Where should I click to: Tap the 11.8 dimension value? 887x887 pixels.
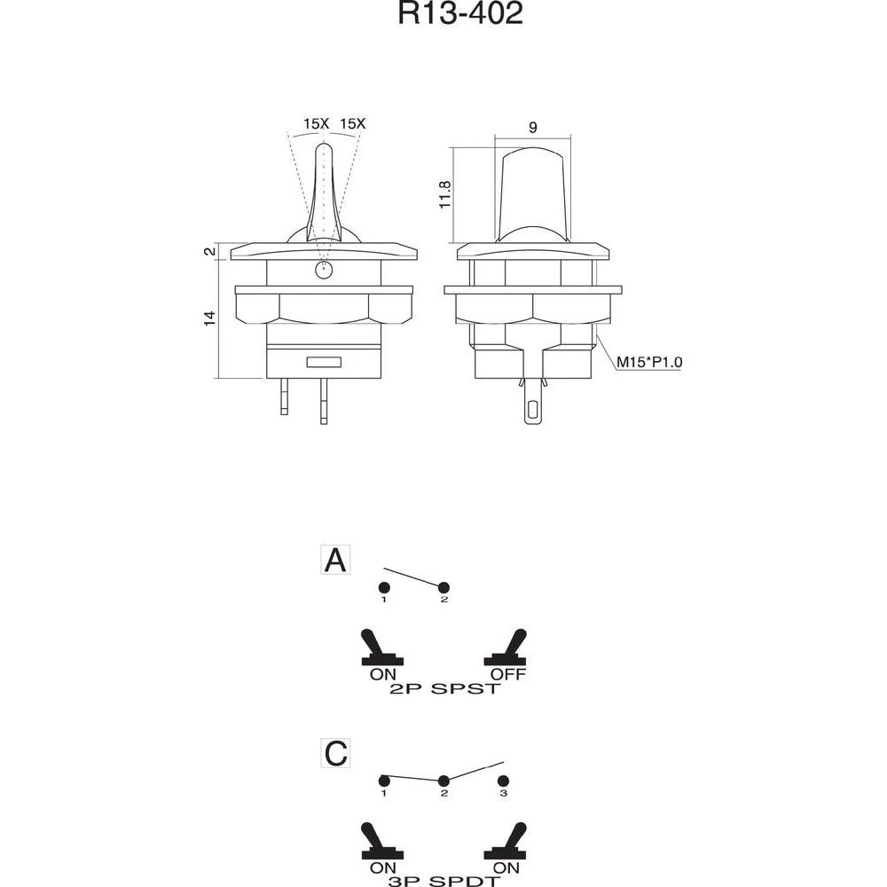click(446, 195)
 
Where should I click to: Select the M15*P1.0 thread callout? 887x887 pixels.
click(650, 361)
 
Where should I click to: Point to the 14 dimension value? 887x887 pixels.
click(210, 318)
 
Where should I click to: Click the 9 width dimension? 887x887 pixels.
click(532, 127)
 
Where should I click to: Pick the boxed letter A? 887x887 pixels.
click(335, 561)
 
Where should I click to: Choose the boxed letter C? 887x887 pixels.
click(335, 754)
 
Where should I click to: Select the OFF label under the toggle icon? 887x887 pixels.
click(507, 674)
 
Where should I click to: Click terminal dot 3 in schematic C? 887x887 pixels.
click(503, 781)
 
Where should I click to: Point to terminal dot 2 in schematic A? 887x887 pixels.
click(444, 587)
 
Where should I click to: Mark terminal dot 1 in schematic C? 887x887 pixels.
click(384, 781)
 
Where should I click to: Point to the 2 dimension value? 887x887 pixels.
click(210, 252)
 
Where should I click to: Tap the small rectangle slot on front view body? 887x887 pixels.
click(324, 362)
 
